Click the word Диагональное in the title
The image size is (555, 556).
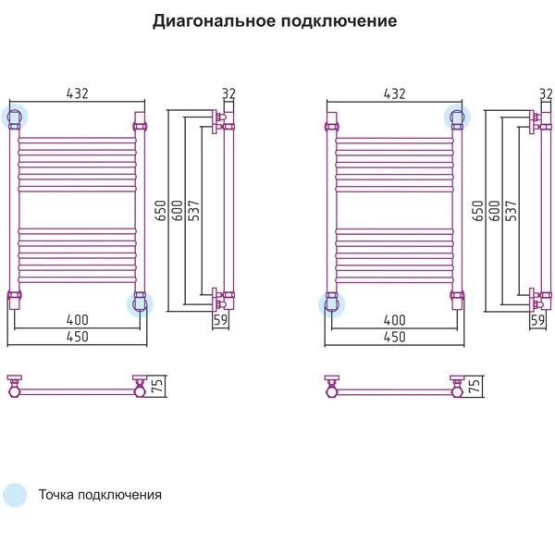pyautogui.click(x=214, y=21)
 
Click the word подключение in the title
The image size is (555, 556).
pyautogui.click(x=339, y=21)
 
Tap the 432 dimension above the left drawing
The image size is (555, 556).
pyautogui.click(x=78, y=93)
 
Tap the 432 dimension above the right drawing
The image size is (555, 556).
pyautogui.click(x=395, y=93)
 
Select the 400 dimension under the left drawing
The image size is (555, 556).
pyautogui.click(x=78, y=320)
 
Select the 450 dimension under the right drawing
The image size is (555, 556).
pyautogui.click(x=395, y=337)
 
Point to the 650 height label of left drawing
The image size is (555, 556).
pyautogui.click(x=161, y=211)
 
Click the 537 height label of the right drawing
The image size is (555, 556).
pyautogui.click(x=511, y=211)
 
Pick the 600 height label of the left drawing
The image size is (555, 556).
pyautogui.click(x=177, y=211)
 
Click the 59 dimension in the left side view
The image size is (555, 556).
pyautogui.click(x=220, y=320)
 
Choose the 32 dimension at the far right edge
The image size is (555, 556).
pyautogui.click(x=546, y=93)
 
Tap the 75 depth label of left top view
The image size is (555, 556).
pyautogui.click(x=157, y=386)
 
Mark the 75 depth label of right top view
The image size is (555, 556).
pyautogui.click(x=475, y=386)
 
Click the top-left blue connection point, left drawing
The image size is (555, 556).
pyautogui.click(x=14, y=117)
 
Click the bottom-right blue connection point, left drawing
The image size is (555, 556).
pyautogui.click(x=140, y=304)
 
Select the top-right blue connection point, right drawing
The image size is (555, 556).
pyautogui.click(x=458, y=117)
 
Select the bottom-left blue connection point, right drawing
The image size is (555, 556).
pyautogui.click(x=331, y=304)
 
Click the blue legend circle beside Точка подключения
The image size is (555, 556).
pyautogui.click(x=15, y=495)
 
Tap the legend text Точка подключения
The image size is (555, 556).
pyautogui.click(x=100, y=495)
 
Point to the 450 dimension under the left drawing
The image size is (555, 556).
pyautogui.click(x=78, y=337)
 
